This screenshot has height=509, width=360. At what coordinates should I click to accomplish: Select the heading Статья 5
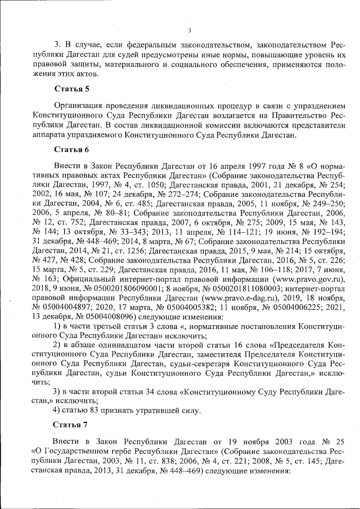pos(71,89)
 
